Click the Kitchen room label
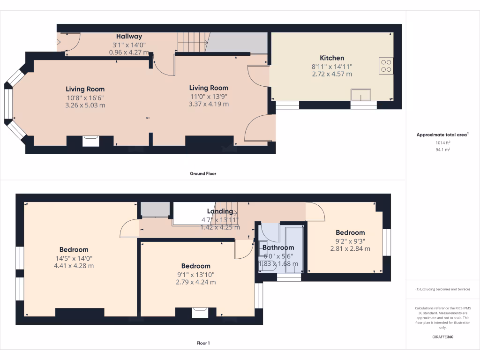click(x=332, y=58)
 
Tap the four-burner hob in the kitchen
click(x=386, y=66)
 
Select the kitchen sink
click(x=360, y=95)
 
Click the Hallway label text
click(x=129, y=36)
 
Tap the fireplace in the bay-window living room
click(x=90, y=141)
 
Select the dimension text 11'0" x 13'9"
click(x=209, y=96)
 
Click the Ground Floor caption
click(x=203, y=173)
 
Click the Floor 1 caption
click(x=203, y=343)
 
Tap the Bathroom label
click(x=278, y=247)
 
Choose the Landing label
click(x=220, y=211)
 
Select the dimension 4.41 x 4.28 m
click(x=74, y=266)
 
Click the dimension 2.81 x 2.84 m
click(x=350, y=248)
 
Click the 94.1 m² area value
click(x=443, y=150)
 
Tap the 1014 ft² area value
click(x=443, y=142)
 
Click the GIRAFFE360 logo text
click(x=443, y=337)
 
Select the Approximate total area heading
click(x=442, y=135)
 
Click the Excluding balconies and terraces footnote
click(x=442, y=289)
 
